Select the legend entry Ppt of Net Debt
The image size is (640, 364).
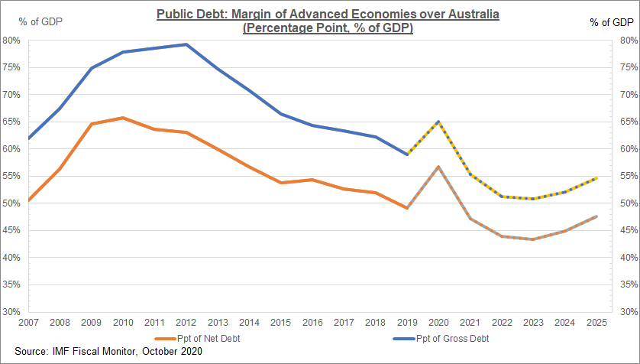pos(195,337)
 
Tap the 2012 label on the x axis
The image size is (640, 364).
pos(186,321)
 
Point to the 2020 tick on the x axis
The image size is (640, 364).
pos(438,321)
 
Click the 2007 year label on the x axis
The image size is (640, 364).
pos(29,321)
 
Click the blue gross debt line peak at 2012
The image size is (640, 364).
pos(186,44)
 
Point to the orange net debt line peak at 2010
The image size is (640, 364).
pos(124,118)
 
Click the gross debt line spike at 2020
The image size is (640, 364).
pos(438,121)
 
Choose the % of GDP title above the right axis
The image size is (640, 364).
pos(609,22)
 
